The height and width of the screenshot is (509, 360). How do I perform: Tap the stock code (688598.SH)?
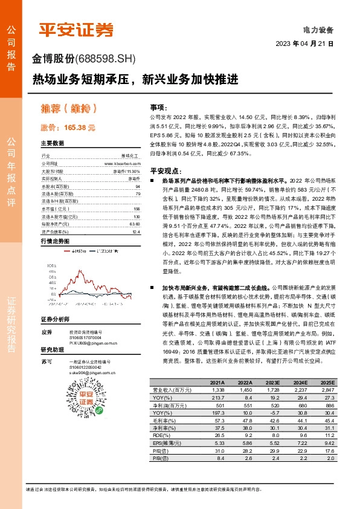(x=106, y=59)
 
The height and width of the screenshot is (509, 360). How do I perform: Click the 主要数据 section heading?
(x=52, y=144)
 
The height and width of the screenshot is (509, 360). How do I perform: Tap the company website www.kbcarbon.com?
(x=122, y=163)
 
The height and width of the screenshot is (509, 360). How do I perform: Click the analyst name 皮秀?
(x=46, y=332)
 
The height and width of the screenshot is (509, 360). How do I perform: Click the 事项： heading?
(x=159, y=106)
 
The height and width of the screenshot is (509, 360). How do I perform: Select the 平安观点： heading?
(x=166, y=170)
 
